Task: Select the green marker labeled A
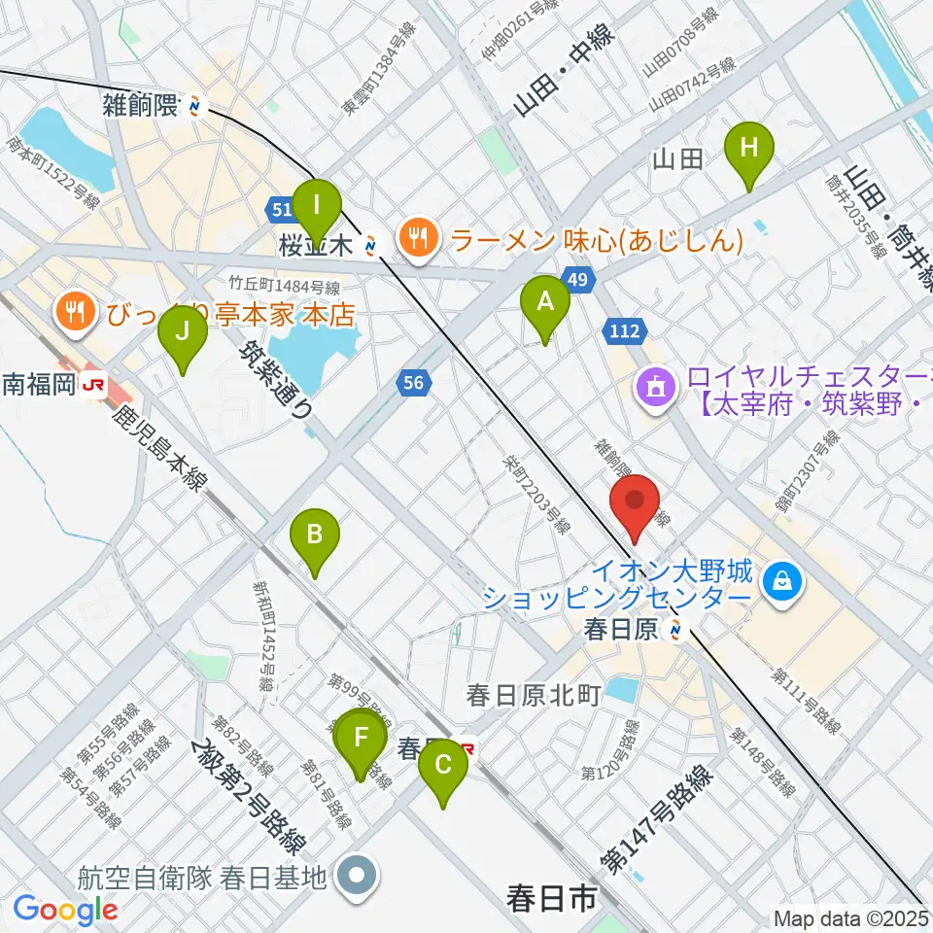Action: [545, 302]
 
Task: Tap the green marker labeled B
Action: [315, 536]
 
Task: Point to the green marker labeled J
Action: [183, 331]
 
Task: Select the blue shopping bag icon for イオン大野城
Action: [781, 582]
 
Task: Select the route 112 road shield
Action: [624, 331]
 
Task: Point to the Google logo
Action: [64, 910]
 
